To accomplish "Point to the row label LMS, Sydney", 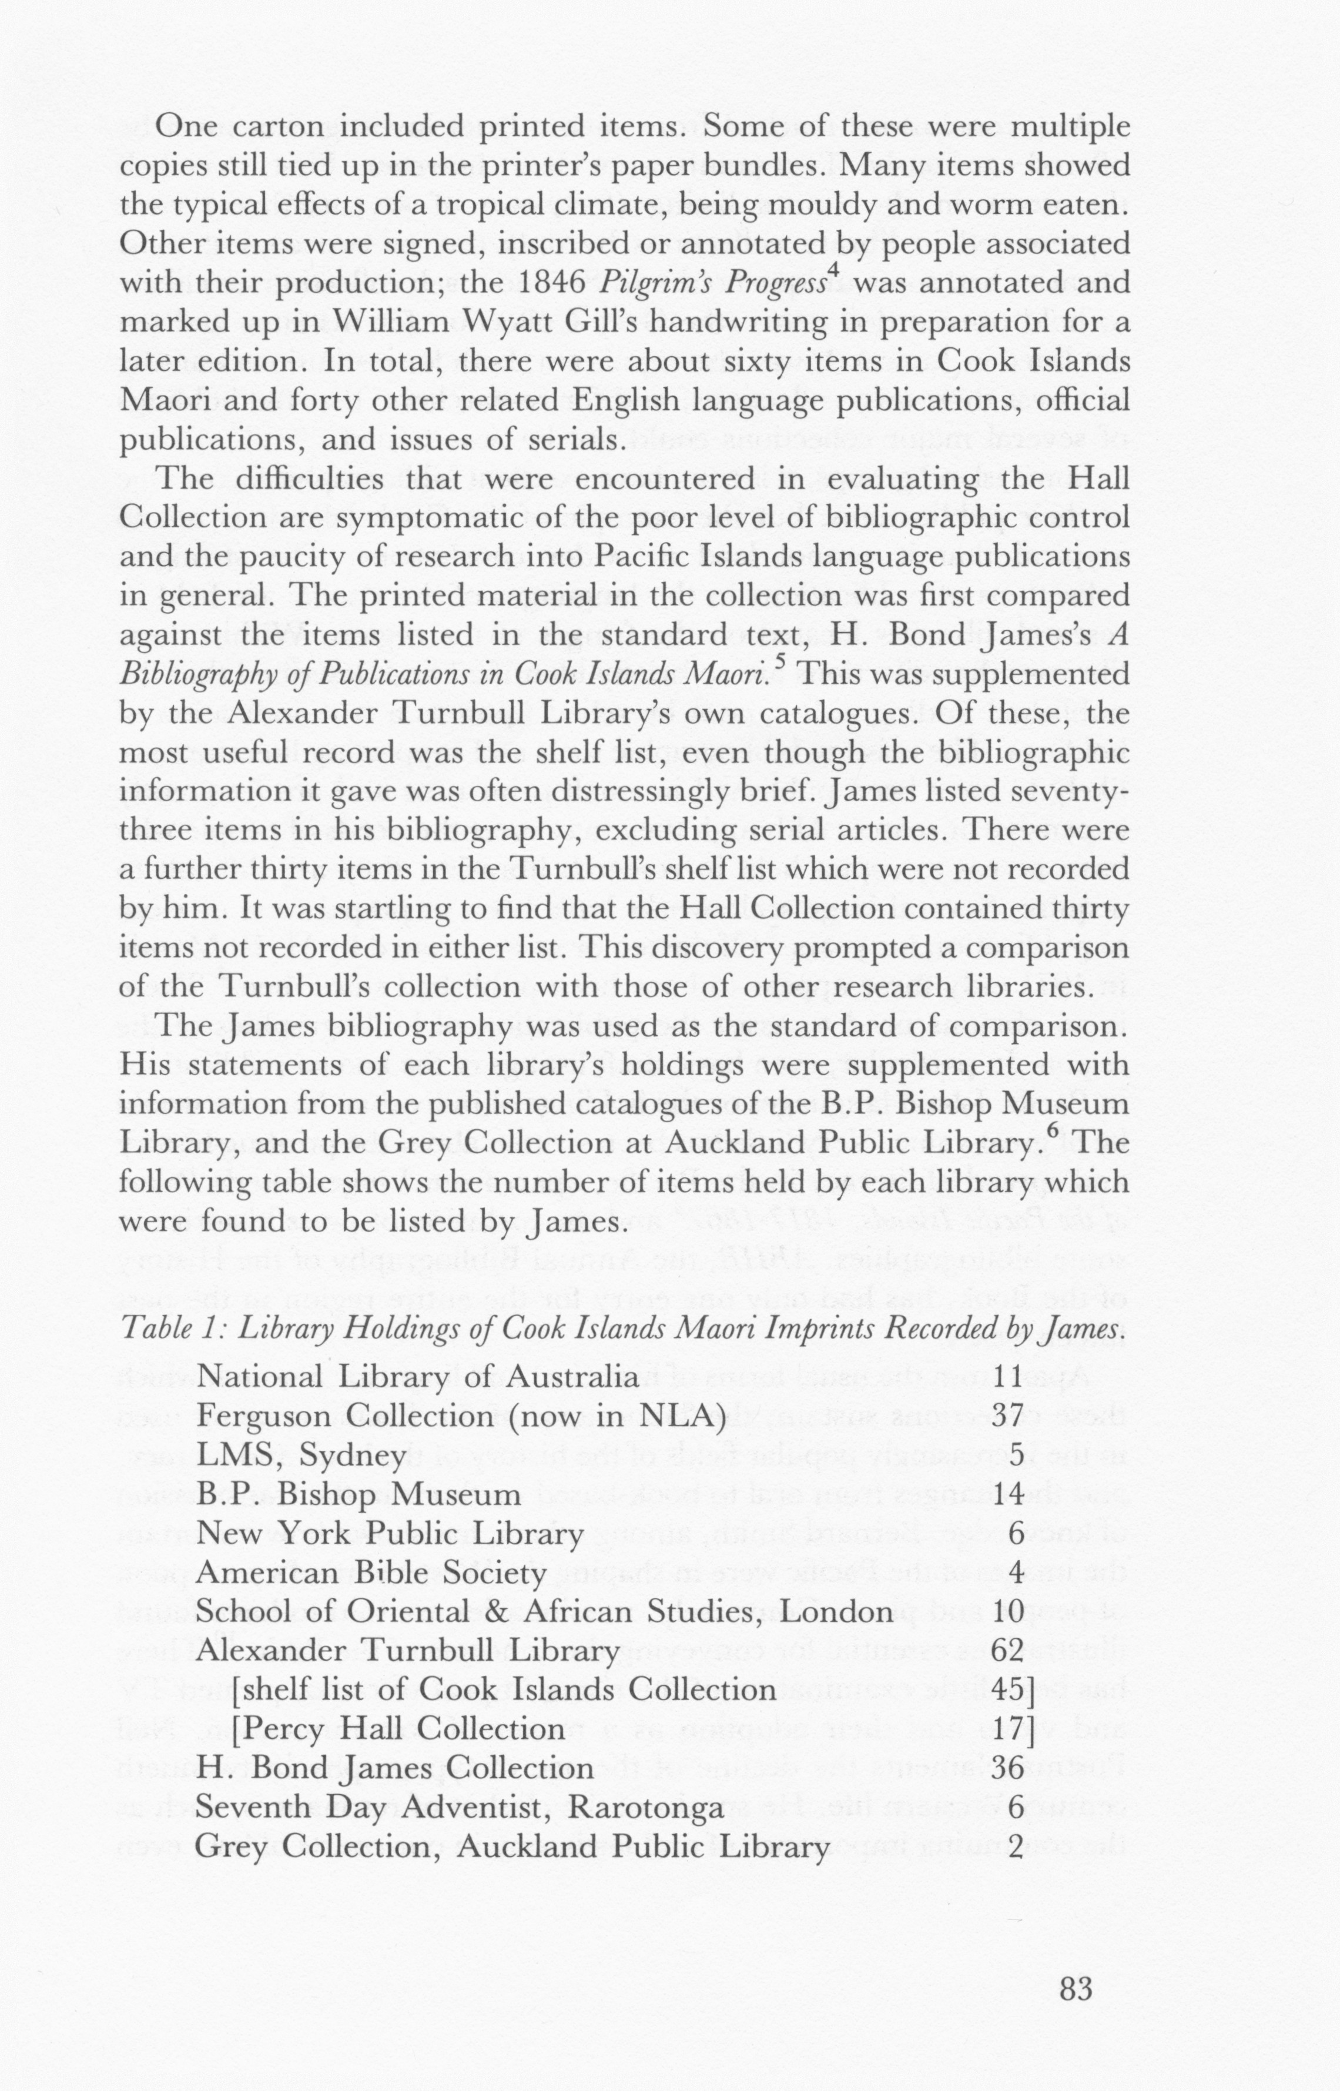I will (301, 1456).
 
